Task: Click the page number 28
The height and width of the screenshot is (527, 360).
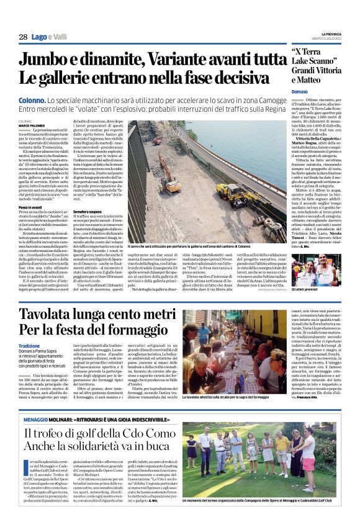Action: (x=22, y=37)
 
